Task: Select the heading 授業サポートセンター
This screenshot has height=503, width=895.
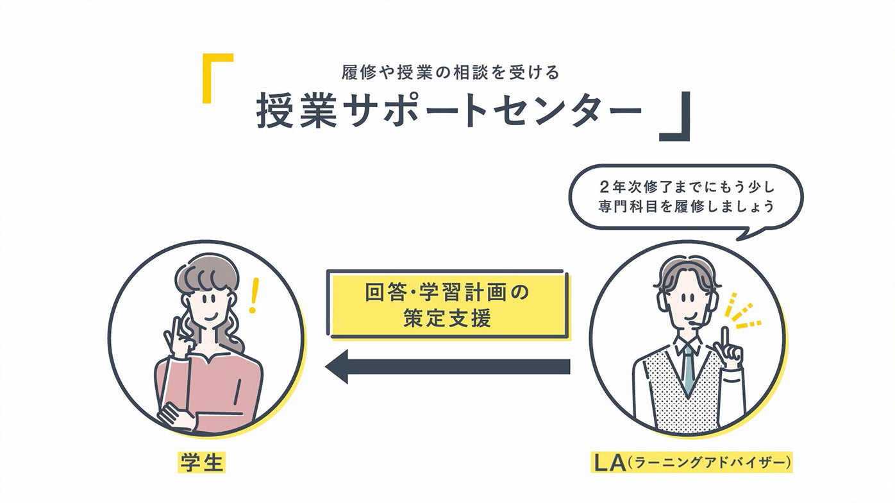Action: [449, 111]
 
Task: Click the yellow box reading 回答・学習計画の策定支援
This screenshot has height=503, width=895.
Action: [447, 305]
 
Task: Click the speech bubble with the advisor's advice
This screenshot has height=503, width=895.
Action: [686, 198]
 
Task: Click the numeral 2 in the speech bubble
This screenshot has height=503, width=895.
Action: [604, 187]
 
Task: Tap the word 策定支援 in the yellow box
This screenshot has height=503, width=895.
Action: [447, 318]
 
